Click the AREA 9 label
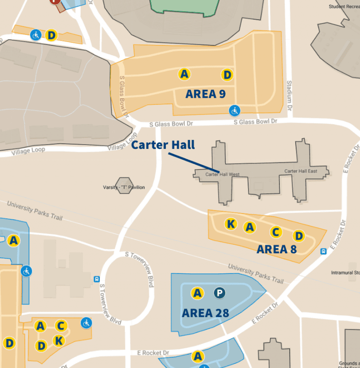205,94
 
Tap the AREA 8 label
277,249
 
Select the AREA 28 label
205,313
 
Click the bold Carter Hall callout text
163,145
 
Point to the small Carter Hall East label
300,171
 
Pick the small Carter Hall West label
223,175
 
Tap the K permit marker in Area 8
231,224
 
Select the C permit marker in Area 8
276,232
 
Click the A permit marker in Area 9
184,74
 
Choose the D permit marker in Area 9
227,74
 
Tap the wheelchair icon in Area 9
234,110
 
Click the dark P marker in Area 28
219,293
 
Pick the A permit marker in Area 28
197,293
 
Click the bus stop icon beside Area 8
323,251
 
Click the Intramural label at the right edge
345,272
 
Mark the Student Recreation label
344,7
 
